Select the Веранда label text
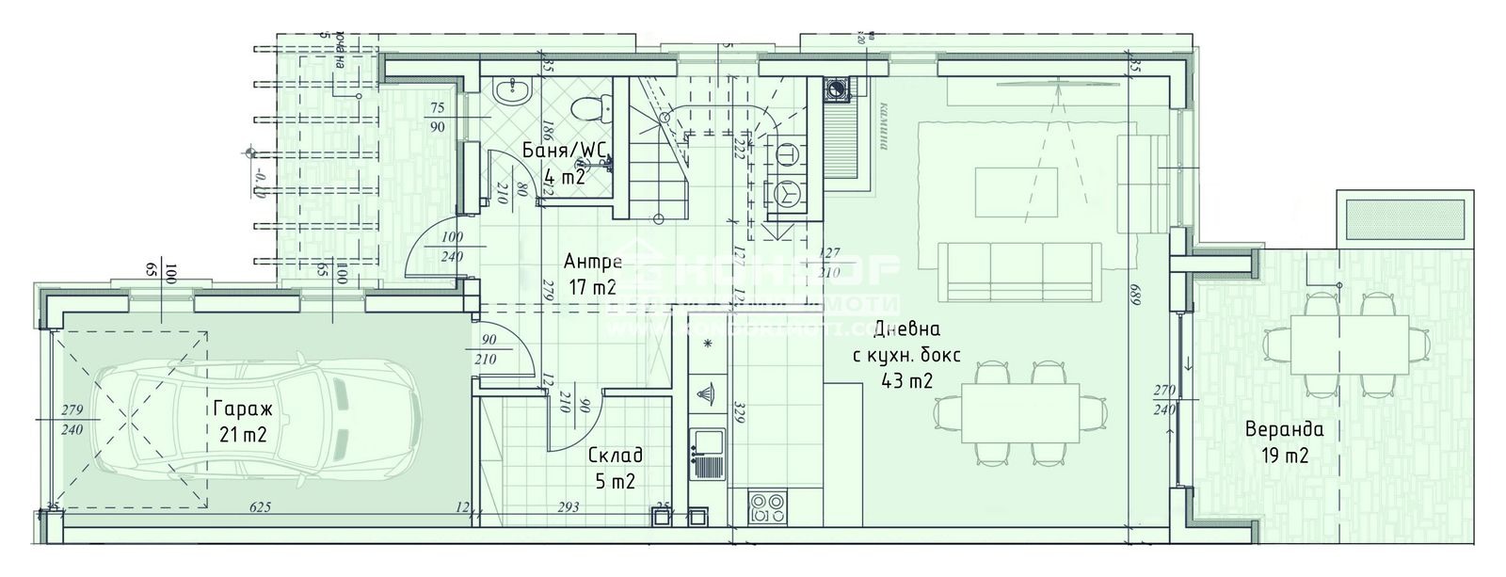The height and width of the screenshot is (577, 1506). (1284, 430)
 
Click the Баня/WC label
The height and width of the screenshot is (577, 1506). (565, 151)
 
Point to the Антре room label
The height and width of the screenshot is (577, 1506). (592, 262)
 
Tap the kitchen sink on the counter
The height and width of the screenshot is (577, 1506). (706, 442)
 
